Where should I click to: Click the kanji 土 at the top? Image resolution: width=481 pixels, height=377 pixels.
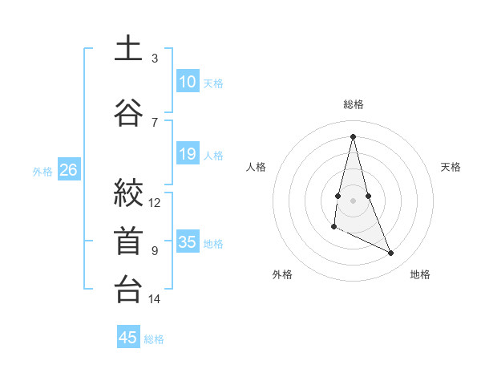tap(128, 48)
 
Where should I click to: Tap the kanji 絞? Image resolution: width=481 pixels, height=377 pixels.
tap(128, 193)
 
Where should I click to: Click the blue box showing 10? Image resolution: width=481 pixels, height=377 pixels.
tap(188, 82)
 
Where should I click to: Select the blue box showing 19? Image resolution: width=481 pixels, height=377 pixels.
tap(188, 154)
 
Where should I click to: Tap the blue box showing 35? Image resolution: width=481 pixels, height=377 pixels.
tap(188, 242)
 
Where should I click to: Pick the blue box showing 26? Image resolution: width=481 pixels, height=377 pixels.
tap(69, 170)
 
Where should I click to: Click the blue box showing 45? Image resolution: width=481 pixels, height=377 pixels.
tap(128, 338)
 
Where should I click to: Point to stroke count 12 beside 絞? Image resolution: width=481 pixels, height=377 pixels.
tap(155, 203)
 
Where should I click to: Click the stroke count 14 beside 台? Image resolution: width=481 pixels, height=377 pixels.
tap(155, 299)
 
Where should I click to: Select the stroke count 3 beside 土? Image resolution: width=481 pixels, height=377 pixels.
tap(155, 58)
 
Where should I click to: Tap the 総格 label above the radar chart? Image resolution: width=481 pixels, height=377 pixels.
tap(353, 104)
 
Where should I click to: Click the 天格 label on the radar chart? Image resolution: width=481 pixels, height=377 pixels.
tap(451, 167)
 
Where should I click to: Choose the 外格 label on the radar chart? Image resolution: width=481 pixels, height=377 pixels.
tap(282, 274)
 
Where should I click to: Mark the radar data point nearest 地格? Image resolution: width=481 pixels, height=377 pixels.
tap(391, 253)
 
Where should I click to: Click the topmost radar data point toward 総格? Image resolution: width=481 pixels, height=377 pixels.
tap(353, 136)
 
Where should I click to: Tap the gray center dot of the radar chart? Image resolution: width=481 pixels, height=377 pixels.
tap(353, 200)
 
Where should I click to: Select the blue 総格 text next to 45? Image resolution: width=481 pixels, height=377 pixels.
tap(154, 339)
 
